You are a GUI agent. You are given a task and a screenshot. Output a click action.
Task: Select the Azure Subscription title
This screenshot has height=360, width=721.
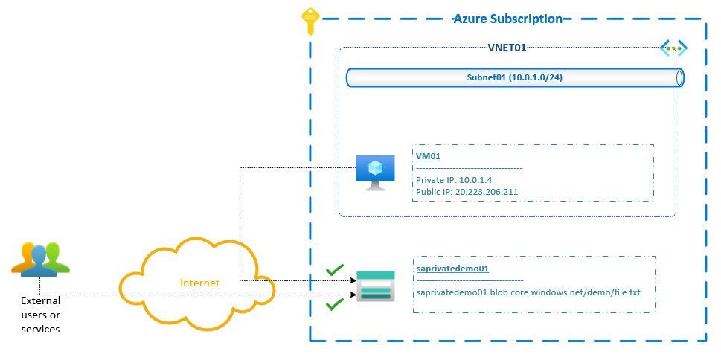coord(507,19)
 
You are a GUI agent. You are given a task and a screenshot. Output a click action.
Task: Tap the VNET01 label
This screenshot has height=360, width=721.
coord(507,48)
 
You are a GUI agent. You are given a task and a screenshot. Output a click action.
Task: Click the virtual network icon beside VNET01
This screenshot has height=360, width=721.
coord(673,49)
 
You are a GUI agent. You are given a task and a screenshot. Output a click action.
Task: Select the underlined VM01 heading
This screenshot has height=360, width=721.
coord(429,156)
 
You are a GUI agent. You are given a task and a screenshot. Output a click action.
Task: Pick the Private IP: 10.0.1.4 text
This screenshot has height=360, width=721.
coord(454,180)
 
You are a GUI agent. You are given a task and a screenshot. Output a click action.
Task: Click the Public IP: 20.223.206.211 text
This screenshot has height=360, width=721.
coord(467,192)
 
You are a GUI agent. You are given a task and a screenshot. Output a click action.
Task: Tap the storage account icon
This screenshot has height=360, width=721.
coord(376,286)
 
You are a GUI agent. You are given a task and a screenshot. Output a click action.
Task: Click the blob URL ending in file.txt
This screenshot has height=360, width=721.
coord(528,292)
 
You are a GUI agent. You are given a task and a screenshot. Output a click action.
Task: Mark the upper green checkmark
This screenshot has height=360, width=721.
coord(335,269)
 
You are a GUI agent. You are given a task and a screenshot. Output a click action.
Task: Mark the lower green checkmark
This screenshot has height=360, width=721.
coord(335,303)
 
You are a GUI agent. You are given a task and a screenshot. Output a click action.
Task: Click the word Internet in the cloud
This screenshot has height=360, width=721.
coord(200,283)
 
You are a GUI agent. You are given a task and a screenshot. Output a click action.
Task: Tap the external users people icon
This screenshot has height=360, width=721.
coord(41,259)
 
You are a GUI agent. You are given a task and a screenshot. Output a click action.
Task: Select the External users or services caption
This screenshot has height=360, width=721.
coord(41,315)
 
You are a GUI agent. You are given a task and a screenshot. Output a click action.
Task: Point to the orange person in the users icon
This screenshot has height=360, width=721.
coord(24,257)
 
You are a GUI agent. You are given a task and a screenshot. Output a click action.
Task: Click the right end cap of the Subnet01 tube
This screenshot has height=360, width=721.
coord(679,77)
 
